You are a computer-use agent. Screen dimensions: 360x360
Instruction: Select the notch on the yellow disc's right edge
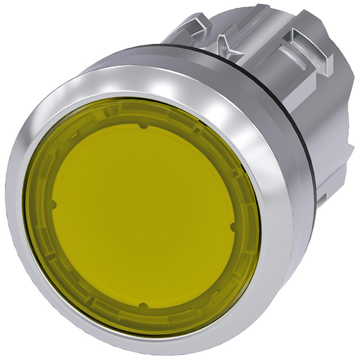[x=232, y=227]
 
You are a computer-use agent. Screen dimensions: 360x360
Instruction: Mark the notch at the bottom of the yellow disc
[x=142, y=306]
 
